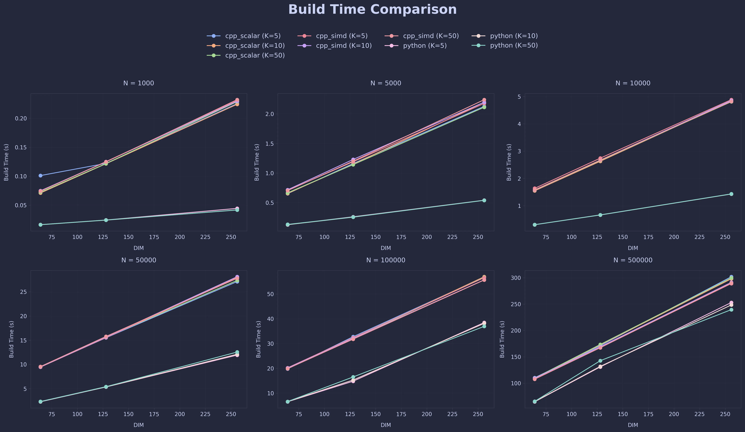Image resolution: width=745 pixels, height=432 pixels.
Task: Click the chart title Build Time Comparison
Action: [372, 9]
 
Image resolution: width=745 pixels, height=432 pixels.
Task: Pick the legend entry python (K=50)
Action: [514, 45]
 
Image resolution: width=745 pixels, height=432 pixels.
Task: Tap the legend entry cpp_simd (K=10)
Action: [344, 45]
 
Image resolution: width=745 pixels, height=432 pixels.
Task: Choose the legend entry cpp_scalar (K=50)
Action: [255, 56]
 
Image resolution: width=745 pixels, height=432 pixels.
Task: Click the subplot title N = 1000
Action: [139, 83]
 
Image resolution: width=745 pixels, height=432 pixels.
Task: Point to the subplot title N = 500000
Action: [633, 260]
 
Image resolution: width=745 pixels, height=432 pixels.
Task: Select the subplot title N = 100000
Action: [386, 260]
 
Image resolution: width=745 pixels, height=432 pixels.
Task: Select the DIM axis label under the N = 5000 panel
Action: [386, 248]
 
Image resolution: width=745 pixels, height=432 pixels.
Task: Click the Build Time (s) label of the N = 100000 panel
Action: [258, 339]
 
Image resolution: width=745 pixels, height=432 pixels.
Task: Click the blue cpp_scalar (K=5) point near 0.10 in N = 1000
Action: [41, 176]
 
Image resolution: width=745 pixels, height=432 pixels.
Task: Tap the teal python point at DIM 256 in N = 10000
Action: [731, 194]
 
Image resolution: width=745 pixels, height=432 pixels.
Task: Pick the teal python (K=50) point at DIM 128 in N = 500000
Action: [600, 361]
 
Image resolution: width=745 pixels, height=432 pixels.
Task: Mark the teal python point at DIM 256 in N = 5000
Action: [484, 200]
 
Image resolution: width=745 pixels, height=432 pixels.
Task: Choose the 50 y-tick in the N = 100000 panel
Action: [271, 294]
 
